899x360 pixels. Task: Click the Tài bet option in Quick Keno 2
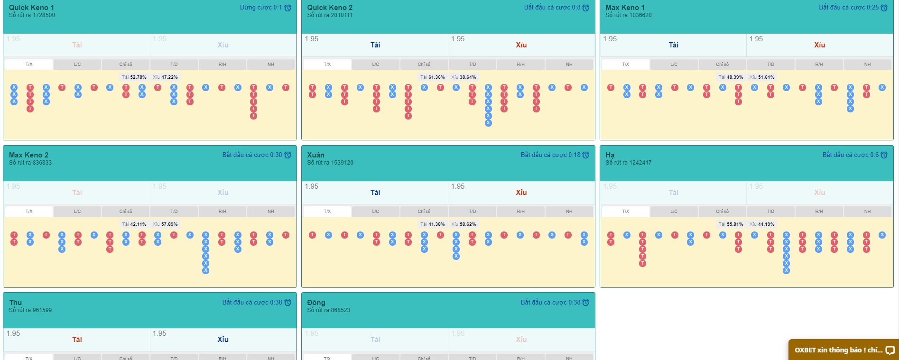coord(375,45)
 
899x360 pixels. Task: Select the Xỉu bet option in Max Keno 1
coord(819,45)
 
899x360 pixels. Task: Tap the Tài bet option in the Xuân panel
coord(375,193)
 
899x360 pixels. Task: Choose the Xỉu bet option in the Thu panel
coord(223,340)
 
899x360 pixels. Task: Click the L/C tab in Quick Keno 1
coord(77,65)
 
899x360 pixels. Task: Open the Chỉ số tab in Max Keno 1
coord(722,65)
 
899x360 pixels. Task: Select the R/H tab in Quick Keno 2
coord(520,65)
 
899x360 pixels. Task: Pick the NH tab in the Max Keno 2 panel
coord(270,212)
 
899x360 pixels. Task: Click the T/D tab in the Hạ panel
coord(770,212)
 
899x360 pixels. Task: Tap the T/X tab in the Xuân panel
coord(327,212)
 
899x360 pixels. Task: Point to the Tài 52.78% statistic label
coord(134,77)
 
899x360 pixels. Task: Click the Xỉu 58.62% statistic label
coord(463,224)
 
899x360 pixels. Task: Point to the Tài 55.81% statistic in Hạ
coord(731,224)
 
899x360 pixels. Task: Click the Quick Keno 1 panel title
coord(31,8)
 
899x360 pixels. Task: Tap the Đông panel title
coord(316,303)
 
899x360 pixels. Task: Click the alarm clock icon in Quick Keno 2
coord(586,8)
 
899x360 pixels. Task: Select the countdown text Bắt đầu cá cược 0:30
coord(252,155)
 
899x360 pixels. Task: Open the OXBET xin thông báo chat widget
coord(843,350)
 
